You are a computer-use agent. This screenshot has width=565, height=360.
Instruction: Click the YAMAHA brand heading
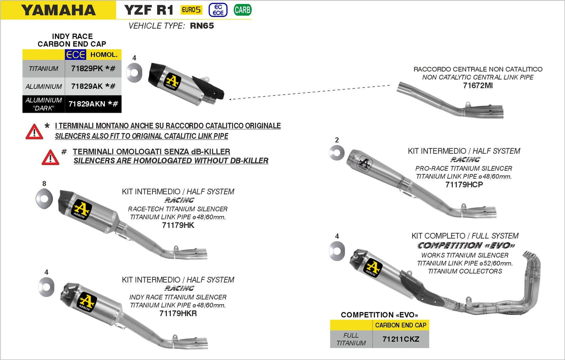click(x=58, y=10)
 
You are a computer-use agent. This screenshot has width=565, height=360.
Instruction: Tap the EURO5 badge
click(x=191, y=10)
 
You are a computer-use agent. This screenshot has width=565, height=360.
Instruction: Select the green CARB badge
click(x=242, y=10)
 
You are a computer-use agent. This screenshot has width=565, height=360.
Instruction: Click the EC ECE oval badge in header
click(x=218, y=10)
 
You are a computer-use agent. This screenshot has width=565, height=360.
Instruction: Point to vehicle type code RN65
click(x=202, y=26)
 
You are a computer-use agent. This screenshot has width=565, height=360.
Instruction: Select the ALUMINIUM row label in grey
click(x=43, y=86)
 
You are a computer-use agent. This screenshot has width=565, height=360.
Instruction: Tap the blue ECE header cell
click(x=75, y=55)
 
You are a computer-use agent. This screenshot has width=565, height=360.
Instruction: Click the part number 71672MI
click(x=478, y=86)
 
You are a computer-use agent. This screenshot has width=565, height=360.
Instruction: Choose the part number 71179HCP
click(x=464, y=184)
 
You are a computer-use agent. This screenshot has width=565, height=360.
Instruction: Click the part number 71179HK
click(x=178, y=225)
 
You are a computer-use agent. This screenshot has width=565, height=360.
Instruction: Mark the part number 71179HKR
click(x=178, y=313)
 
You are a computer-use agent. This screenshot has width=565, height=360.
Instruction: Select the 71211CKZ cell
click(x=400, y=339)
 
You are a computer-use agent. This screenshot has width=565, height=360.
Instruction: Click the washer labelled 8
click(x=44, y=199)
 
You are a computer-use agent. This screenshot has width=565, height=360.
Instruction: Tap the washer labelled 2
click(x=337, y=153)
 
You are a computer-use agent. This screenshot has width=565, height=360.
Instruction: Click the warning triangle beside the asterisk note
click(x=34, y=132)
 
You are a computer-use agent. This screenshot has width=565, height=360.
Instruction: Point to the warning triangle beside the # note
click(x=50, y=157)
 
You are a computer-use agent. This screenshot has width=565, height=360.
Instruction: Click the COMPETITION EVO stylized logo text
click(x=466, y=245)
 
